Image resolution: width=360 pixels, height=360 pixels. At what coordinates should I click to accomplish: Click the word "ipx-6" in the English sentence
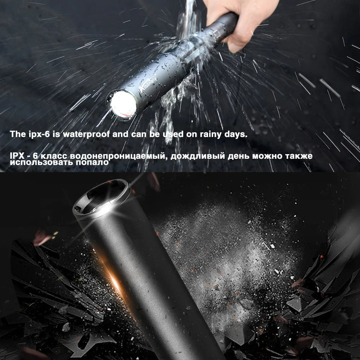[x=37, y=135]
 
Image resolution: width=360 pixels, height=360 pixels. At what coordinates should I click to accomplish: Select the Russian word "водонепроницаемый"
[x=119, y=157]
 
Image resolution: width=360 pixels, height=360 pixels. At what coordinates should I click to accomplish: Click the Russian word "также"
[x=297, y=156]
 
